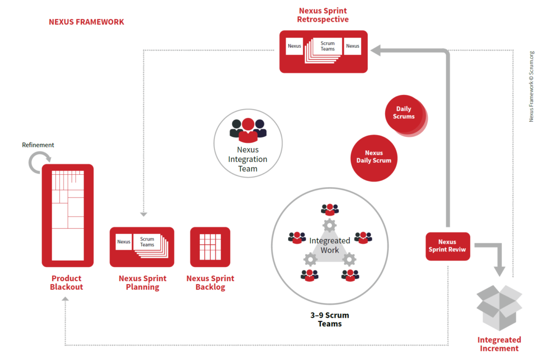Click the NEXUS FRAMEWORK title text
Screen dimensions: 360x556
(86, 22)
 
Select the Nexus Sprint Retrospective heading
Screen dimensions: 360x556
(324, 15)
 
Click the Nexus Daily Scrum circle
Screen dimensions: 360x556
(374, 157)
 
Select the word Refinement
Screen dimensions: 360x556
(38, 145)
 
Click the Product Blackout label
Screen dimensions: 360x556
(67, 282)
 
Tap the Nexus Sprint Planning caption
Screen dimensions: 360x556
(142, 282)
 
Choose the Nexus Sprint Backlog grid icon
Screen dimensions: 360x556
(210, 247)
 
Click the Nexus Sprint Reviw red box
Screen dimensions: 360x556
(447, 246)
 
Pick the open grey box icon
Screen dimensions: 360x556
(498, 307)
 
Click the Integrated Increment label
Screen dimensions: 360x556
(499, 344)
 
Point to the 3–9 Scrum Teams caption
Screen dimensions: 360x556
(330, 319)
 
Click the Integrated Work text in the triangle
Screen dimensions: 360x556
(330, 245)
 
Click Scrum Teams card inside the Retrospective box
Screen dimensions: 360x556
(327, 46)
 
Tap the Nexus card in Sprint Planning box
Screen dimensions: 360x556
(124, 242)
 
